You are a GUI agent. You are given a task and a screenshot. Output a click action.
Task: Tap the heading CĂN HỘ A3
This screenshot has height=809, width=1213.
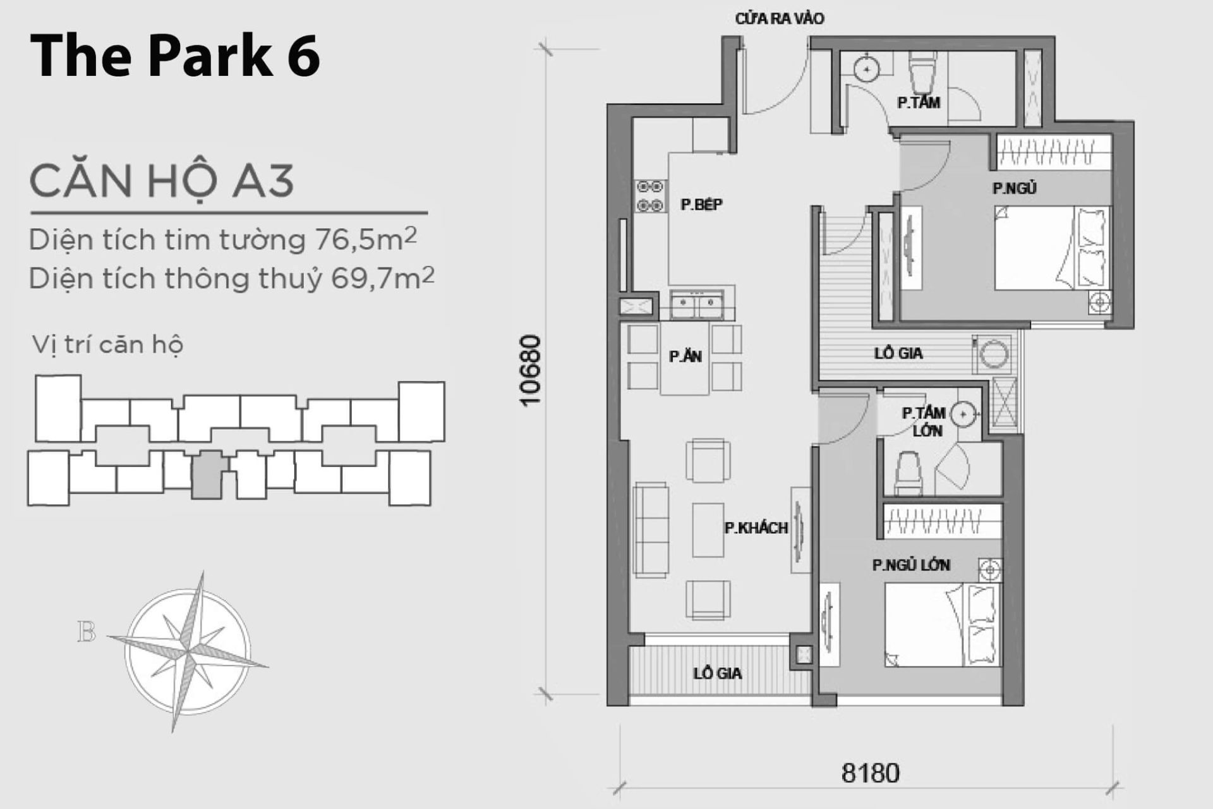162,181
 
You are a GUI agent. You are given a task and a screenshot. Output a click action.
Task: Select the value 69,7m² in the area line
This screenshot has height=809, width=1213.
383,278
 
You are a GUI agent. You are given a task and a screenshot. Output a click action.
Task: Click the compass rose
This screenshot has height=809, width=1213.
188,651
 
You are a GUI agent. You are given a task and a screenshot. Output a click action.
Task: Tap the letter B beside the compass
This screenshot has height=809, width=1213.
87,632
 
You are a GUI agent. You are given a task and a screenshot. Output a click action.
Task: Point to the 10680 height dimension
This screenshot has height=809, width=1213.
531,370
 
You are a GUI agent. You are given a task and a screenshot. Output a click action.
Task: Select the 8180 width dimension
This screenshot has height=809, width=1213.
870,773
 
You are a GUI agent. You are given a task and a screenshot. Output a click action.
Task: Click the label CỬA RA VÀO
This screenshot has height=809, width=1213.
780,19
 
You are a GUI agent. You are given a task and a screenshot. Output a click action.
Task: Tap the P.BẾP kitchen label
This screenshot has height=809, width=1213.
701,205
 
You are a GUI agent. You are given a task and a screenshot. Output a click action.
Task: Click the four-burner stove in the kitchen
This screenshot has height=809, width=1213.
650,196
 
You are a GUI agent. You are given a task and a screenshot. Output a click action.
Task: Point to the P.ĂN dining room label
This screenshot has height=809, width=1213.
685,357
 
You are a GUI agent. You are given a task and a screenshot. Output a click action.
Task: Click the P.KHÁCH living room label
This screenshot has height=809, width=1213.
756,528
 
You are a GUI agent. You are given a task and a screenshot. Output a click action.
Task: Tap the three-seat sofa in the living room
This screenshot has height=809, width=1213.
651,530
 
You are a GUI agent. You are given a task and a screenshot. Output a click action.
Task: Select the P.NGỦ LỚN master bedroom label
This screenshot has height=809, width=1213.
911,565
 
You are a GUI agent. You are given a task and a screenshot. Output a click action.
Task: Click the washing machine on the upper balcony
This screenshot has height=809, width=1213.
993,353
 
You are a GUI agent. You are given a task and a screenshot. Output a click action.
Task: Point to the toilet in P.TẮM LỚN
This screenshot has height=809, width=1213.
908,474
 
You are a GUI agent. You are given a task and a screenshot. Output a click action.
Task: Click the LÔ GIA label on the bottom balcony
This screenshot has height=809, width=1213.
718,674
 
